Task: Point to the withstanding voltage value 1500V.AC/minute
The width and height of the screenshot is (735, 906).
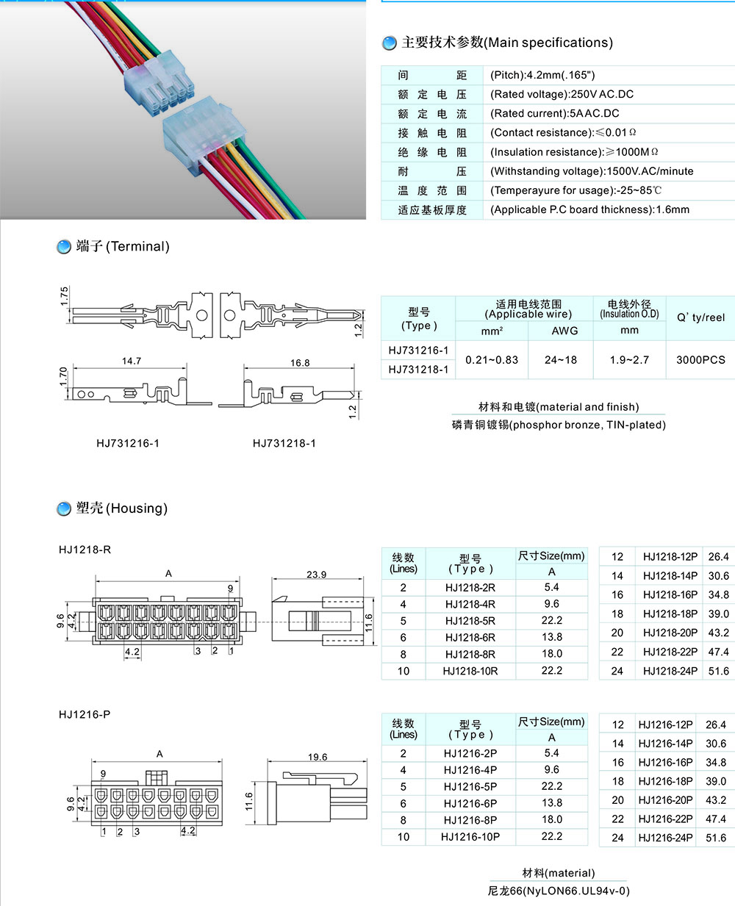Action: (x=650, y=171)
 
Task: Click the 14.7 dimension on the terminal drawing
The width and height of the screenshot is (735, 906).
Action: (x=132, y=361)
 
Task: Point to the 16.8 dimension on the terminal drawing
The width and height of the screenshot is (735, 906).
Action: (x=300, y=362)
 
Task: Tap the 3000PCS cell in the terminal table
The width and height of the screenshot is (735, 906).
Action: (x=700, y=360)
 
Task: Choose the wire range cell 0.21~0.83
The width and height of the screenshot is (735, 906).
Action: (x=492, y=360)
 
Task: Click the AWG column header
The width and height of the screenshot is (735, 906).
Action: (x=564, y=331)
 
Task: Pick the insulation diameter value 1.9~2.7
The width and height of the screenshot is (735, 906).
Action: (x=629, y=360)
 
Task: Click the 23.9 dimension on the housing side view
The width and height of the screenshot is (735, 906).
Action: (x=317, y=575)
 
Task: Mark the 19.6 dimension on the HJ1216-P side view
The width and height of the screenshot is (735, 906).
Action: (x=318, y=757)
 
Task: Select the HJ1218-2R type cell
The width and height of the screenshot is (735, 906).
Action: (x=470, y=588)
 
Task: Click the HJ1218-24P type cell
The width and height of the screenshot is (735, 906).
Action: (x=670, y=671)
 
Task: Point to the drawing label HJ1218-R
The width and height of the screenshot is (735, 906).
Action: (x=85, y=550)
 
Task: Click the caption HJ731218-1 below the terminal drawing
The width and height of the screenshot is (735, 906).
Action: (x=284, y=443)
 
